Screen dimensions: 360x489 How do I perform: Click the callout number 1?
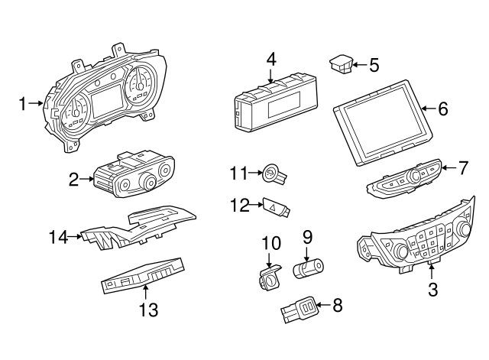pyautogui.click(x=23, y=102)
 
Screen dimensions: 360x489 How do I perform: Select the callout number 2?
pyautogui.click(x=74, y=180)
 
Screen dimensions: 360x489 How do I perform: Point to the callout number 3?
pyautogui.click(x=432, y=290)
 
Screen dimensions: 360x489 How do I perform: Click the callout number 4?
pyautogui.click(x=270, y=58)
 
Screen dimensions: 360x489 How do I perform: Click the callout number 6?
pyautogui.click(x=443, y=109)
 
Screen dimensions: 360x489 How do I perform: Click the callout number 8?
pyautogui.click(x=337, y=306)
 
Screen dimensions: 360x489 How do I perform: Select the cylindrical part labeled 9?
pyautogui.click(x=309, y=268)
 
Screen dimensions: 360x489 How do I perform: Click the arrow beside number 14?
pyautogui.click(x=75, y=238)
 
